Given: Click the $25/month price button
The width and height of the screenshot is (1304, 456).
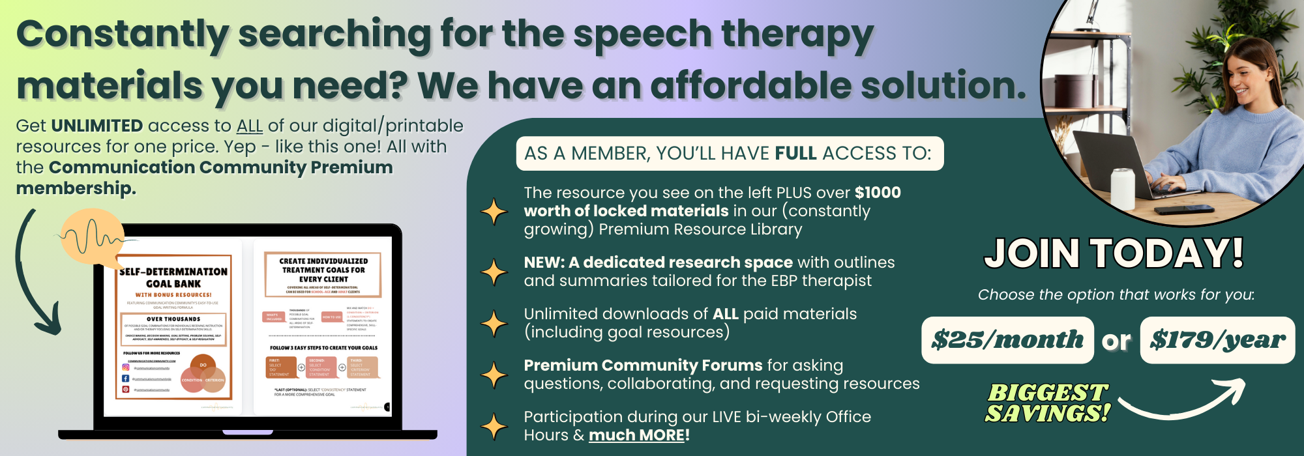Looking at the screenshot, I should [x=1007, y=340].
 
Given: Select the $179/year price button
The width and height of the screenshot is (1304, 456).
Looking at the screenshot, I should [x=1217, y=340].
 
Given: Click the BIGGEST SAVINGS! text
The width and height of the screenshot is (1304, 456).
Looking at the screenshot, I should [x=1047, y=403].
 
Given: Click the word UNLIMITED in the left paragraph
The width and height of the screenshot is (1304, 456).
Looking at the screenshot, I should [x=96, y=126].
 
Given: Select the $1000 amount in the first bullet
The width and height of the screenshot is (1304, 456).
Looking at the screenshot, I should [x=878, y=193].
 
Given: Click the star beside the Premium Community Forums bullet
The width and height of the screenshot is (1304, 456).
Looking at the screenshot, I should [x=494, y=375].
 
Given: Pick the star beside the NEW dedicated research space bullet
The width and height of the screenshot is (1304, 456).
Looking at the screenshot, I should [x=494, y=272].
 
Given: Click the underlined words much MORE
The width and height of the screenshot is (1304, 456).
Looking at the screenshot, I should [x=636, y=435].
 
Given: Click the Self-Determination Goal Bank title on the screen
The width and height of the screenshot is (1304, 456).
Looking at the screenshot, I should [x=173, y=278].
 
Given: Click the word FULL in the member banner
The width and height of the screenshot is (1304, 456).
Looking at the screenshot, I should [x=795, y=154].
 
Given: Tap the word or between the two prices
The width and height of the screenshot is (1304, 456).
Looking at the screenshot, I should [x=1116, y=341].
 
